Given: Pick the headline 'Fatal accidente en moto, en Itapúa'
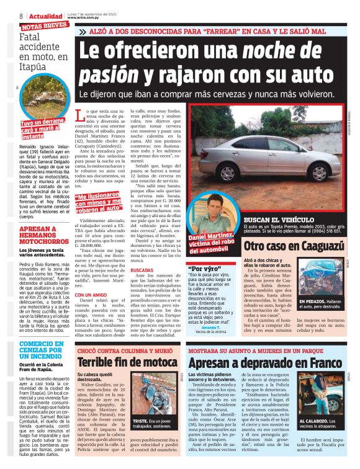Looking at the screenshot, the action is pos(43,50).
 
